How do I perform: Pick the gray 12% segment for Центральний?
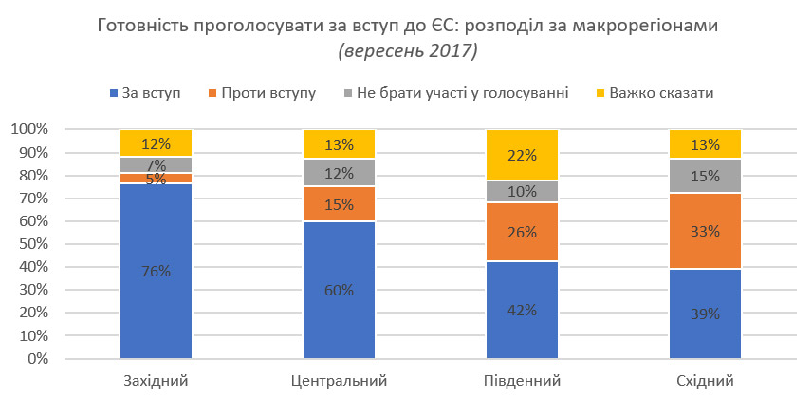tap(339, 173)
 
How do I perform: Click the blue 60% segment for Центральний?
tap(339, 290)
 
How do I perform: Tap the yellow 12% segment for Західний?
tap(157, 143)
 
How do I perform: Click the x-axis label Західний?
tap(157, 381)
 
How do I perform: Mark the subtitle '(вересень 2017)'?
tap(406, 52)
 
